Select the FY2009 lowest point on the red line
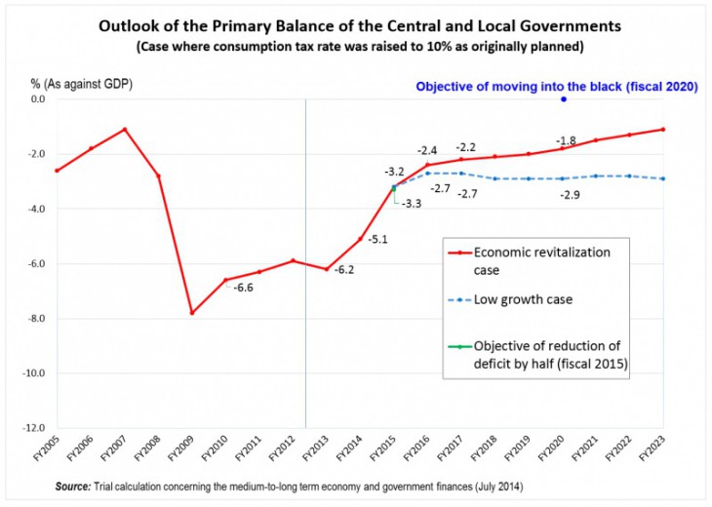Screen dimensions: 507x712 click(x=191, y=313)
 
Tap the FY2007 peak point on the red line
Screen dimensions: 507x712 click(x=124, y=129)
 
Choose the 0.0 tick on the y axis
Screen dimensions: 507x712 click(x=36, y=98)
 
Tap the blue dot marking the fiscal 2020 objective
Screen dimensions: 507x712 click(x=563, y=99)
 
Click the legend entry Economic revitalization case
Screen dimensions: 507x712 click(x=542, y=259)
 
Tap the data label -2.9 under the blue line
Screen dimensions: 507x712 click(x=571, y=195)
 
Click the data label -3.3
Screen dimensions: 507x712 click(x=413, y=204)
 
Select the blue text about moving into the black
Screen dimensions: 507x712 click(x=556, y=86)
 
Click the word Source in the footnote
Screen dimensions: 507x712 click(x=73, y=486)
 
